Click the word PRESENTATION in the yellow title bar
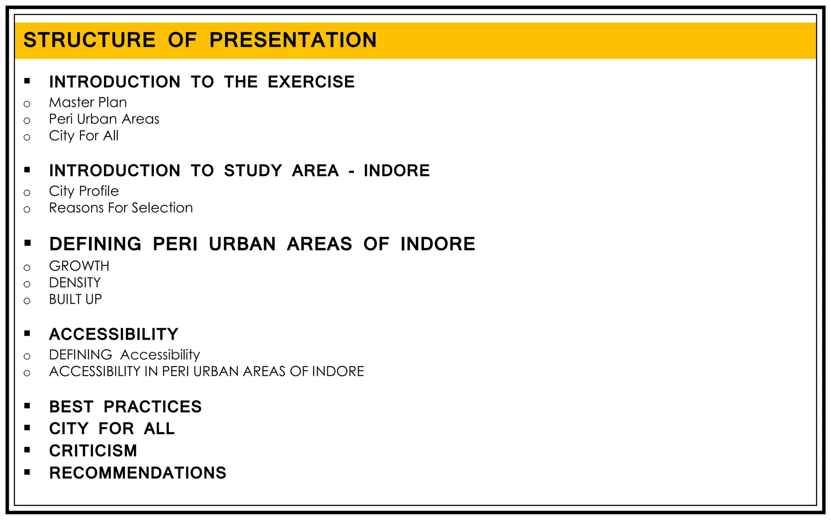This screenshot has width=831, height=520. [293, 40]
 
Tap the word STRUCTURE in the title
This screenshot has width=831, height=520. [89, 40]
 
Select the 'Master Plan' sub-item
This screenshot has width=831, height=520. [88, 102]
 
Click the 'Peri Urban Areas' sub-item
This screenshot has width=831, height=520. [104, 119]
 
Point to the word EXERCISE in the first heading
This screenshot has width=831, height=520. [311, 82]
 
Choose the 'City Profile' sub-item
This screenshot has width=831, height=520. [84, 191]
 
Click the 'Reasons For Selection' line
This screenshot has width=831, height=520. [121, 208]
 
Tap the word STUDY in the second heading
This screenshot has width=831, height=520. [253, 171]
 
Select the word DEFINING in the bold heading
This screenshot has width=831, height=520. [95, 244]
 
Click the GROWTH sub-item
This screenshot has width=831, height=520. [79, 266]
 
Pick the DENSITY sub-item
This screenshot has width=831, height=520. [75, 283]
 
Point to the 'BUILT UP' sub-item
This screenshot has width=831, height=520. [75, 299]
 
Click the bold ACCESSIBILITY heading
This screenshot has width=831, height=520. [114, 334]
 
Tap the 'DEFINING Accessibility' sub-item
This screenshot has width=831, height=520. [124, 355]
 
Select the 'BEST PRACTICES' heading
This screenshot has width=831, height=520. [125, 407]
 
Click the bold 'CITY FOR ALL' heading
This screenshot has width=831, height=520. [112, 429]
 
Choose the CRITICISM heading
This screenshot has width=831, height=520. [93, 451]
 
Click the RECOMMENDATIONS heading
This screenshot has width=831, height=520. [138, 473]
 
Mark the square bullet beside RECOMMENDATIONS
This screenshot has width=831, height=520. [27, 472]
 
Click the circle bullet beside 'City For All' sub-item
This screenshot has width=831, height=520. [27, 137]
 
